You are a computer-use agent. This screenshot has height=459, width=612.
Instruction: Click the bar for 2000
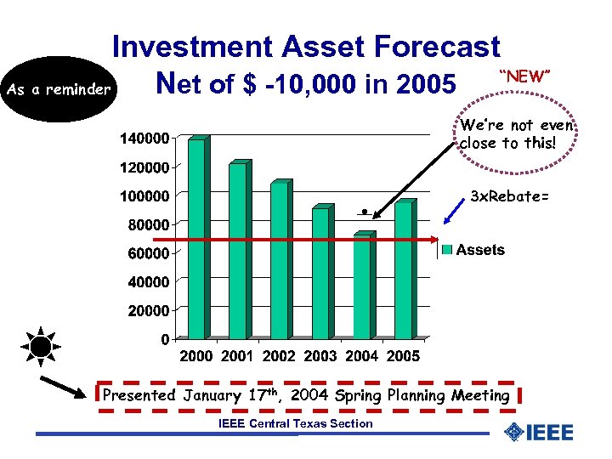click(196, 239)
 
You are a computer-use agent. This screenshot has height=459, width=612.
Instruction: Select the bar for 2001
click(238, 251)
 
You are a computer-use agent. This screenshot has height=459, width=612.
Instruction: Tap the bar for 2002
click(279, 260)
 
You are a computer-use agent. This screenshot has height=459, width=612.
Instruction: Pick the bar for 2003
click(320, 272)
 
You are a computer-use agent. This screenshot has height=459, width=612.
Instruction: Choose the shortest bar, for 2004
click(361, 286)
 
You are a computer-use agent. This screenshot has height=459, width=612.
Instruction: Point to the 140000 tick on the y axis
click(144, 138)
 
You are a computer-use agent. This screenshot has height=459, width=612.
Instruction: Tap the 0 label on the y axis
click(163, 340)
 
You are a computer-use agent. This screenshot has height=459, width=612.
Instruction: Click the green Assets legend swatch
click(446, 250)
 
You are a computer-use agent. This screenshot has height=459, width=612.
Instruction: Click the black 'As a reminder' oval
click(57, 89)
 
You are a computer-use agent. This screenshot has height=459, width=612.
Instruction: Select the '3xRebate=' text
click(509, 197)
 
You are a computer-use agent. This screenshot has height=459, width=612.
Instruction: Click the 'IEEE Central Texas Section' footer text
click(295, 423)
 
